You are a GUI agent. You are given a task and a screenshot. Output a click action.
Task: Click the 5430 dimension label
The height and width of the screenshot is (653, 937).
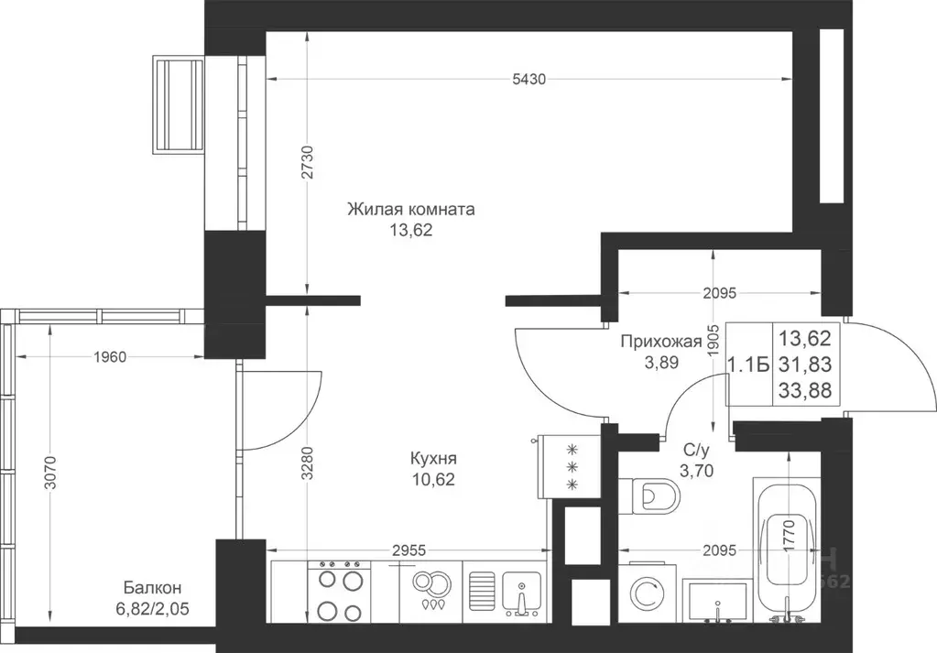click(x=528, y=79)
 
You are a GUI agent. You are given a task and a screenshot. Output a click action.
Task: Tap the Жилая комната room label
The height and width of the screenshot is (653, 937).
click(x=411, y=210)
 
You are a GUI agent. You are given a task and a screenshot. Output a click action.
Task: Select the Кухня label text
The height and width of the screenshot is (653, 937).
click(x=433, y=459)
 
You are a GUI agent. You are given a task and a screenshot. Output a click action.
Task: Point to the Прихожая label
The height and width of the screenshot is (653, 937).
click(x=660, y=342)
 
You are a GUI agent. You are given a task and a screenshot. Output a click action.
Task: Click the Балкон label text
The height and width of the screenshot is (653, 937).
click(x=152, y=588)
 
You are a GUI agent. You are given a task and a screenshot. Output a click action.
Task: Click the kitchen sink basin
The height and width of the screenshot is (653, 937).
click(x=522, y=593)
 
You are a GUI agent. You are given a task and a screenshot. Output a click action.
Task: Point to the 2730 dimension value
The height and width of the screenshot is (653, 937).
click(x=307, y=162)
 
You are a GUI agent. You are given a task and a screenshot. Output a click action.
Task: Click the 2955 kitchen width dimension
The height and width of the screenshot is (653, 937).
click(x=409, y=550)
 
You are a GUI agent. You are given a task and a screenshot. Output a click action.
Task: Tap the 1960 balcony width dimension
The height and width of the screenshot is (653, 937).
click(x=110, y=357)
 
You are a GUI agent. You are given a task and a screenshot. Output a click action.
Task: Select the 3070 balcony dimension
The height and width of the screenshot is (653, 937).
click(x=50, y=473)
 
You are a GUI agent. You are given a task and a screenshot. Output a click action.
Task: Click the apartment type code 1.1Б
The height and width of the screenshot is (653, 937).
click(x=747, y=365)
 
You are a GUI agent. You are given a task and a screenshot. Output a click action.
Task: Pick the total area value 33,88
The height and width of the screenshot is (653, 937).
click(x=805, y=391)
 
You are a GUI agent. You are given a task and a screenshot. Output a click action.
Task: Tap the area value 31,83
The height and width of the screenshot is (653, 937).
click(x=805, y=365)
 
